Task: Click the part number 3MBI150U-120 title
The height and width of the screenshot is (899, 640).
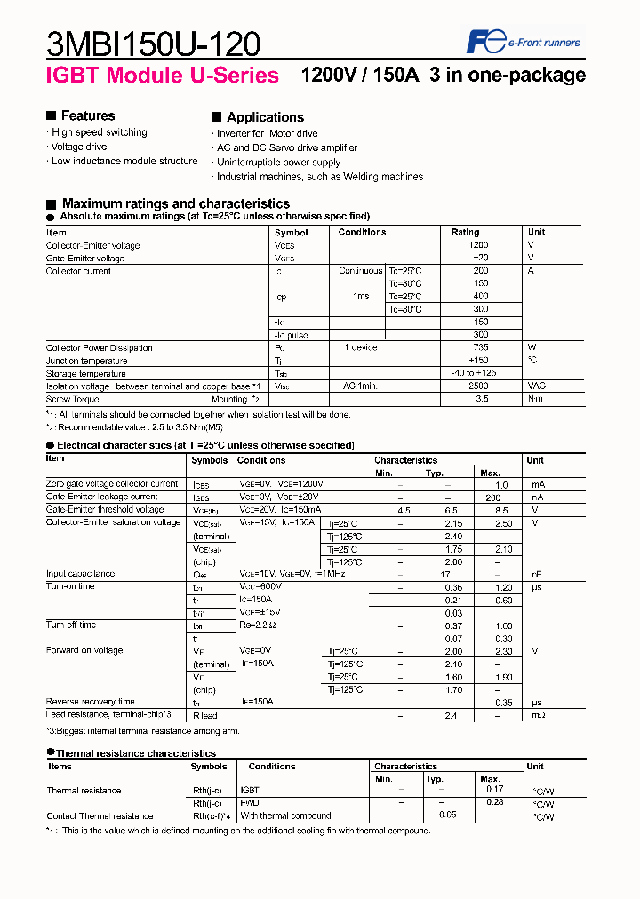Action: (x=153, y=44)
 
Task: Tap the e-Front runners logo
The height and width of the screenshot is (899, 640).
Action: (x=524, y=42)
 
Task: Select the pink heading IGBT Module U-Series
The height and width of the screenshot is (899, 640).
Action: (x=163, y=76)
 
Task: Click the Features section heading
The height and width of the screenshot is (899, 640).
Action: (x=87, y=115)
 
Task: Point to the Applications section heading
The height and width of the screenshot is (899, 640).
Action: (x=265, y=117)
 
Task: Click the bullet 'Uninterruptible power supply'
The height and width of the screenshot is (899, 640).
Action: (x=278, y=163)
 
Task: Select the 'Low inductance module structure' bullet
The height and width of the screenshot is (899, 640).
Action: (x=124, y=162)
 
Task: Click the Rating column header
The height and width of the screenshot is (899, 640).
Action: (x=465, y=232)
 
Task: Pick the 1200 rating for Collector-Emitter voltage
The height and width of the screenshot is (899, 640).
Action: (x=478, y=245)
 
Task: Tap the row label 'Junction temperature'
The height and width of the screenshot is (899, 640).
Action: (x=87, y=361)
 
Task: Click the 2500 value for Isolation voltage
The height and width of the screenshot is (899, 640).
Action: (x=478, y=386)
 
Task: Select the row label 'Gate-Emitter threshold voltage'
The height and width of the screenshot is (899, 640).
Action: (x=105, y=510)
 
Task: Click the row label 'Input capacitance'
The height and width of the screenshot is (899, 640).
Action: (x=80, y=574)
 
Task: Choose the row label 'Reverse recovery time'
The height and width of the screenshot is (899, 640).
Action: (x=90, y=702)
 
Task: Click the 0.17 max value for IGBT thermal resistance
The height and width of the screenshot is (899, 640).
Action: (x=494, y=789)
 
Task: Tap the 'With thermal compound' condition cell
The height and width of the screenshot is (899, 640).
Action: (x=284, y=815)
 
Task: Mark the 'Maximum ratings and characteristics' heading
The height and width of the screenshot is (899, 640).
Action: (x=175, y=203)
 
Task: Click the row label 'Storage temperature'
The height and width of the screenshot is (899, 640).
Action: (x=86, y=374)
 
